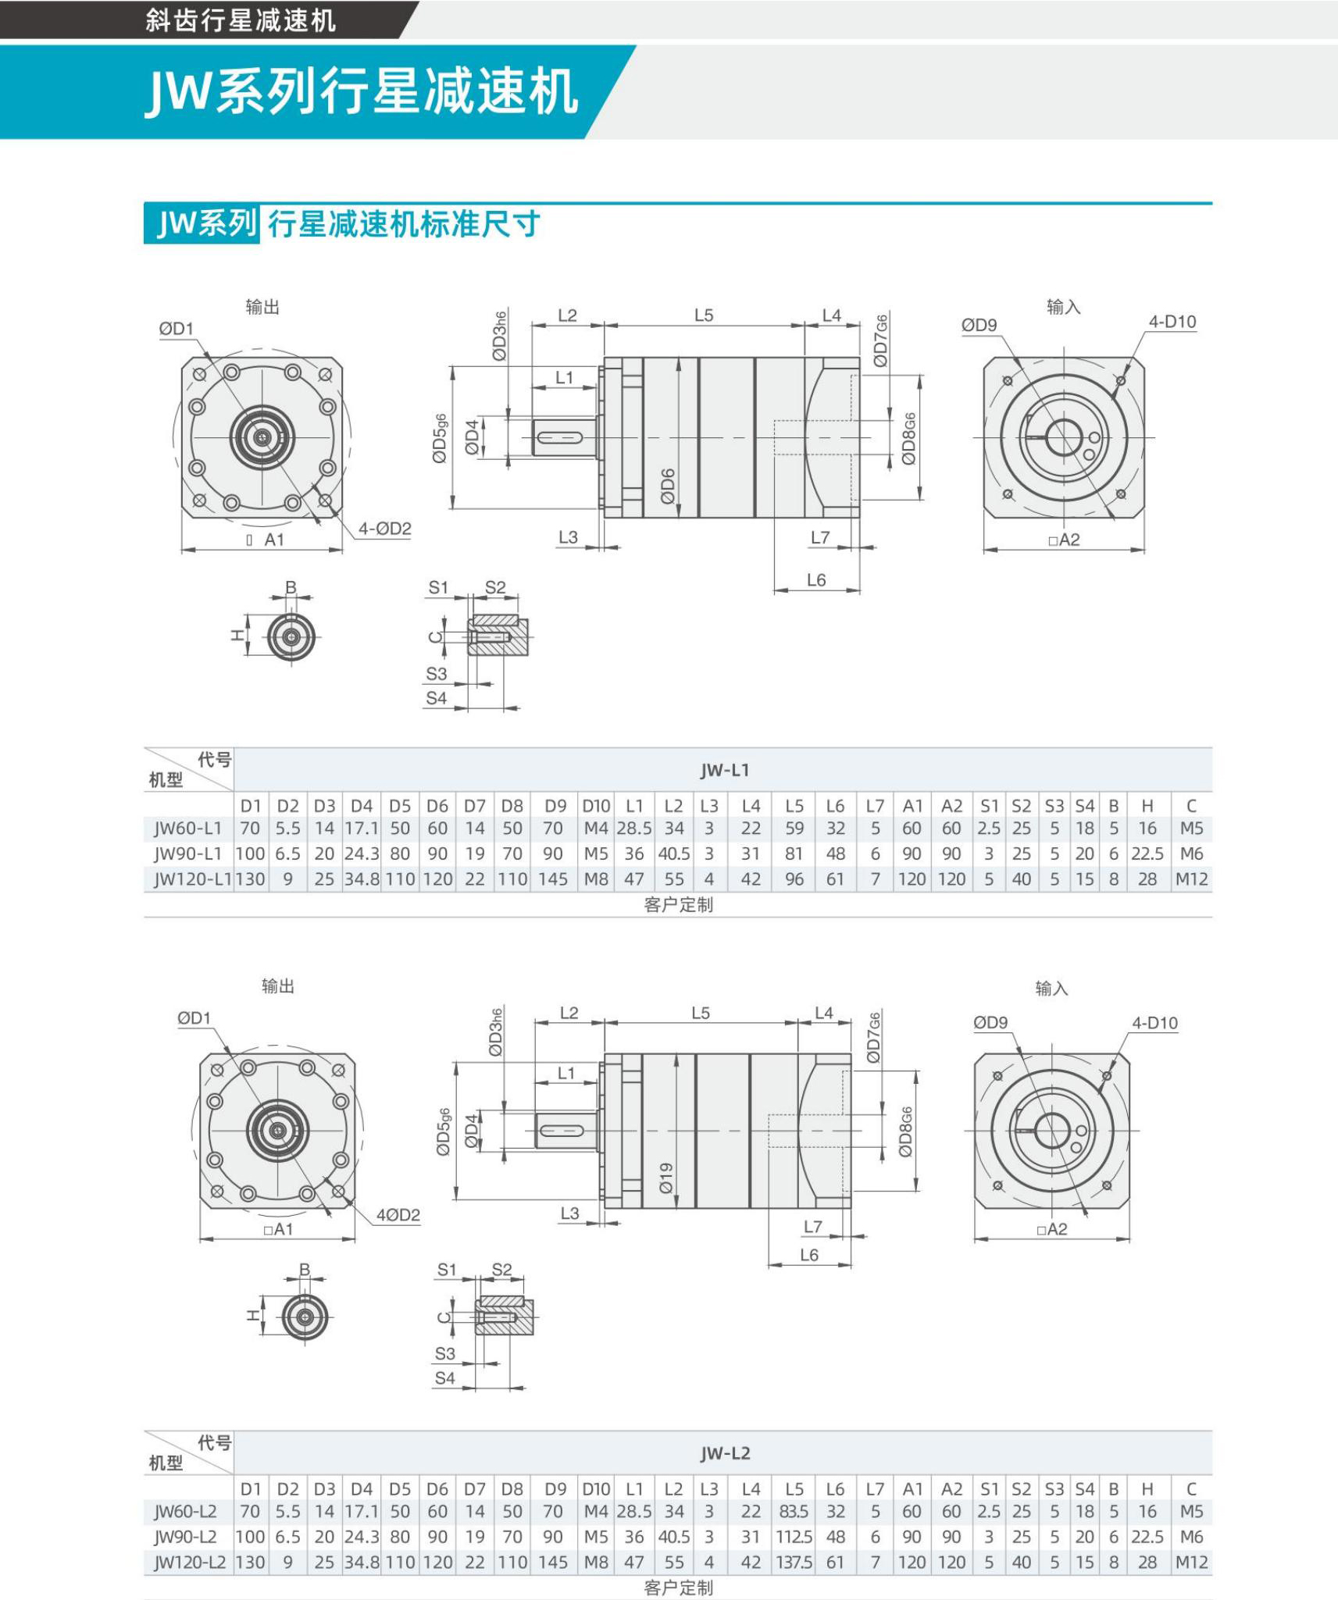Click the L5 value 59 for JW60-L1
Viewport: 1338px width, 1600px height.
point(794,829)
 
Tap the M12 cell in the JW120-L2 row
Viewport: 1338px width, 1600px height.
point(1191,1563)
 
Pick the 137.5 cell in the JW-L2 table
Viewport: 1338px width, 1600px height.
point(794,1563)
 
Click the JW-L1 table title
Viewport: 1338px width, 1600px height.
point(725,770)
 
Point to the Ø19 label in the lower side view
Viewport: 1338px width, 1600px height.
point(665,1178)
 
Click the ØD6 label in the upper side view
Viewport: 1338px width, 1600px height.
point(667,486)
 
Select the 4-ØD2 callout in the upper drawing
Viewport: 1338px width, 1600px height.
point(384,529)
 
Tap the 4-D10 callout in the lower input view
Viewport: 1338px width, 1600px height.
point(1154,1023)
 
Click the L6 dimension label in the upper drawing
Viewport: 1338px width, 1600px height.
point(816,580)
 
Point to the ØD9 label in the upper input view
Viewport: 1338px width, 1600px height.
point(979,325)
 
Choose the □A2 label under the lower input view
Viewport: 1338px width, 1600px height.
point(1051,1229)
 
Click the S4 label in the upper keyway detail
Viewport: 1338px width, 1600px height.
point(436,698)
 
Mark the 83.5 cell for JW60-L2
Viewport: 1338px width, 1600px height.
point(794,1512)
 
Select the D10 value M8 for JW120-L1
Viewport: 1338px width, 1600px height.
point(596,879)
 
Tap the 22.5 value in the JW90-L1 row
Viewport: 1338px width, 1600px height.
point(1147,853)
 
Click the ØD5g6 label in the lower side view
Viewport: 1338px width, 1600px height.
point(443,1131)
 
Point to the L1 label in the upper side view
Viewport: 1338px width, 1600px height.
point(564,378)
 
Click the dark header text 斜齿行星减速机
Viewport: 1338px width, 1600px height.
point(241,20)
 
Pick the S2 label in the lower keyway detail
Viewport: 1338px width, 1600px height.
point(501,1270)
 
